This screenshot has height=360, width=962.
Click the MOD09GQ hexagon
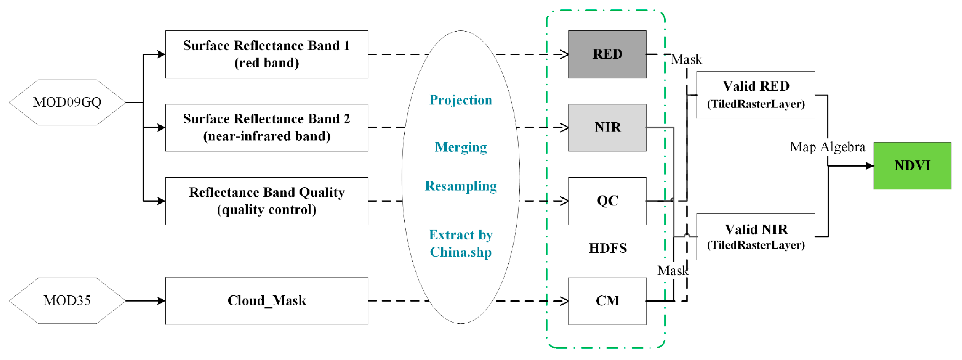(67, 102)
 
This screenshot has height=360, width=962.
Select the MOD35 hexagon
(67, 301)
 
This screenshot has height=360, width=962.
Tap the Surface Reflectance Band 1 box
(267, 54)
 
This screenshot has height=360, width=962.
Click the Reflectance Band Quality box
(267, 201)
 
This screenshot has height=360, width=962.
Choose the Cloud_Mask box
(267, 301)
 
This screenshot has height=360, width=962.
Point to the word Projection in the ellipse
(461, 100)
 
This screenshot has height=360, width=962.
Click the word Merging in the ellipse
(461, 147)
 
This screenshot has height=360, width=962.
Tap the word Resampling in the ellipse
(461, 186)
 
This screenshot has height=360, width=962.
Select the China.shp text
(461, 252)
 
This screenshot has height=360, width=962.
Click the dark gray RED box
(607, 54)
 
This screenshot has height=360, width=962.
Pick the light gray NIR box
(607, 127)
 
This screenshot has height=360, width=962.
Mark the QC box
(607, 201)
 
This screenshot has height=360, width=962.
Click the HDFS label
(607, 248)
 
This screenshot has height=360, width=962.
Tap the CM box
(607, 301)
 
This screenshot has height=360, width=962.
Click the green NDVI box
(912, 165)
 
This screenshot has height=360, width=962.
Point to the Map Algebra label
(828, 147)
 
